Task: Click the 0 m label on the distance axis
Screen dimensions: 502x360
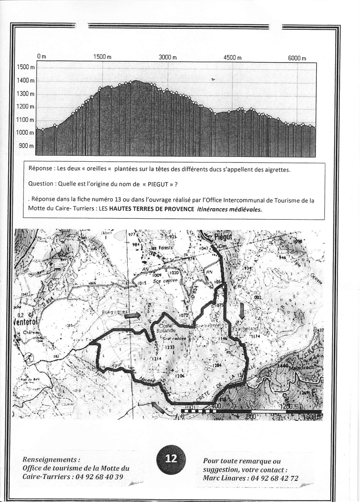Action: pyautogui.click(x=41, y=57)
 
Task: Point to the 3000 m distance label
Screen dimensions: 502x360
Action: pyautogui.click(x=168, y=57)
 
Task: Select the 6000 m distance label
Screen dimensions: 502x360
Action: pyautogui.click(x=297, y=58)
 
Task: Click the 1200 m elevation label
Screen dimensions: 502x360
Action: pyautogui.click(x=26, y=107)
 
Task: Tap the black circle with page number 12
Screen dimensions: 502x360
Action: pyautogui.click(x=171, y=458)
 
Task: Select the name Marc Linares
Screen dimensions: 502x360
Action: pyautogui.click(x=225, y=478)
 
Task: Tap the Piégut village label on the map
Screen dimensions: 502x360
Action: pyautogui.click(x=219, y=238)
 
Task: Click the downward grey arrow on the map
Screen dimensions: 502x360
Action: pyautogui.click(x=242, y=311)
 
